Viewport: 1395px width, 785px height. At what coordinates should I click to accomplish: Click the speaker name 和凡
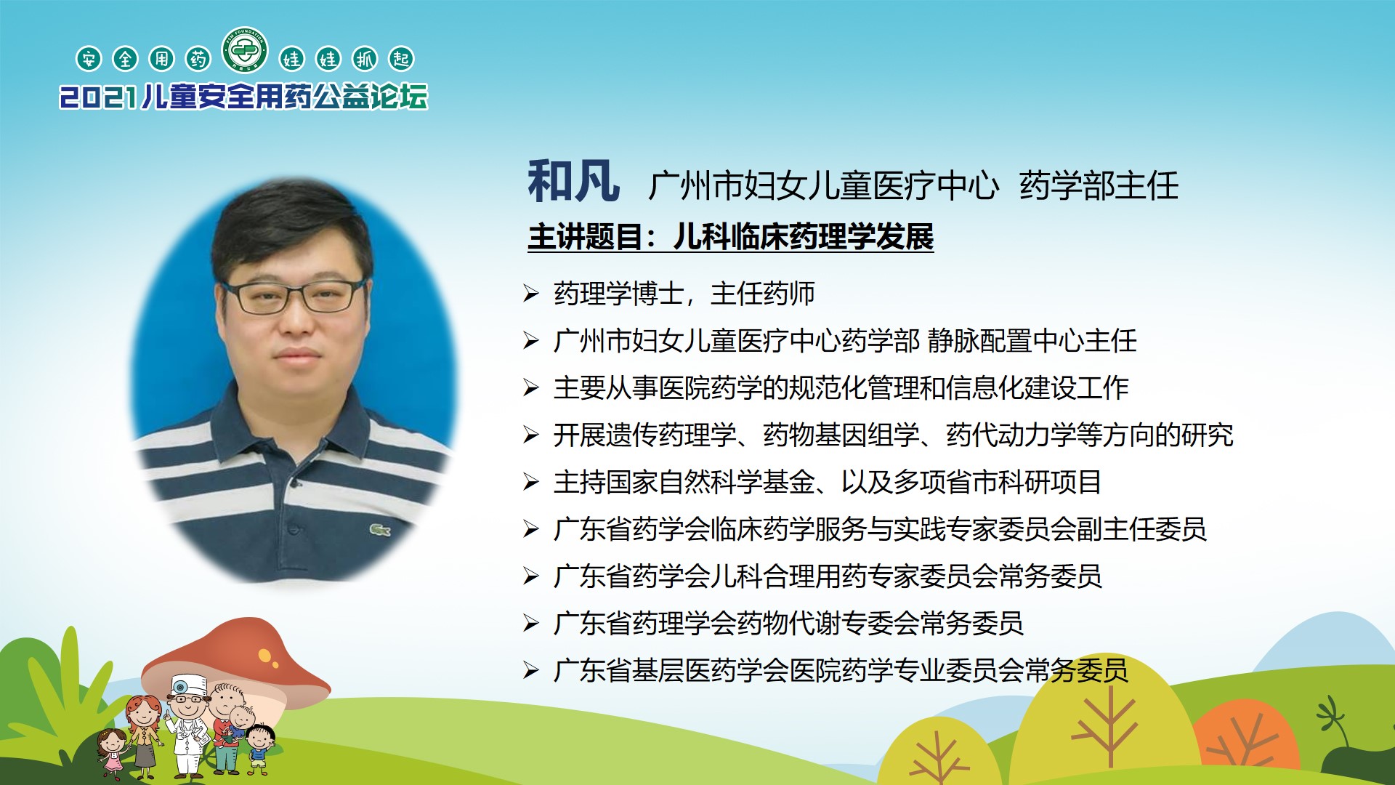573,182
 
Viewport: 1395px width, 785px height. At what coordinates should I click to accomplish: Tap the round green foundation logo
245,51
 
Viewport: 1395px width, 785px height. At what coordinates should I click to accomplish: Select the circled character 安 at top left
89,59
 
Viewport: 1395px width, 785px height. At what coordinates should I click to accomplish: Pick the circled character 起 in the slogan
401,59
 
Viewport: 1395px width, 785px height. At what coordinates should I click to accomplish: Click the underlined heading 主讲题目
585,237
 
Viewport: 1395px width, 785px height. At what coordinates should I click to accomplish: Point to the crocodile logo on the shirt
379,530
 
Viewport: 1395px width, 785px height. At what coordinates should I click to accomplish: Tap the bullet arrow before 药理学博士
531,294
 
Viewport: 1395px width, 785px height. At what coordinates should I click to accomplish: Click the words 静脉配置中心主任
1032,340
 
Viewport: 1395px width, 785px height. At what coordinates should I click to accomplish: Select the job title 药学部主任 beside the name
1099,185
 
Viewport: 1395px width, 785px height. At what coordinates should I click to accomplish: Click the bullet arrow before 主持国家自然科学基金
531,482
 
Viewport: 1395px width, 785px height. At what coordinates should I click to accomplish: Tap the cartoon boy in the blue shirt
259,749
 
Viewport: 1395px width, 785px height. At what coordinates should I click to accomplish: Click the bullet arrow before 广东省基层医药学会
531,670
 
